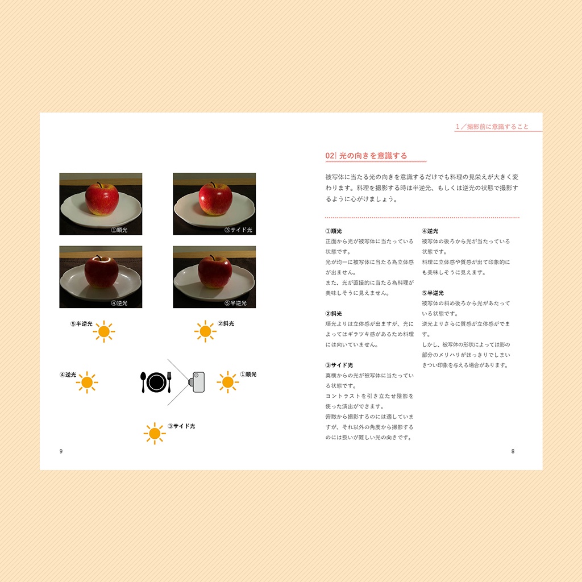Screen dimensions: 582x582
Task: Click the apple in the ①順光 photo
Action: (102, 199)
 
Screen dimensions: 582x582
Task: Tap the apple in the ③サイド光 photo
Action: (215, 199)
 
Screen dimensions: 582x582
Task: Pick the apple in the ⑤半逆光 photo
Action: (215, 272)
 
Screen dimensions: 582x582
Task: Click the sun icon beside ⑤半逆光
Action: (104, 331)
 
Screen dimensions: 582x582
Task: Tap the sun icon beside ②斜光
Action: (205, 331)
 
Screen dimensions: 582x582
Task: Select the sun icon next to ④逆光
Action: (87, 383)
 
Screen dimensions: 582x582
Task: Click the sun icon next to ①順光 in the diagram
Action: (227, 383)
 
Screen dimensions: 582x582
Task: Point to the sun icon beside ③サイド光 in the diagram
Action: (154, 434)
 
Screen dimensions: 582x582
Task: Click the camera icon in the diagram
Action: (197, 382)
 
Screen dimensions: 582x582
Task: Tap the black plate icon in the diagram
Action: (156, 382)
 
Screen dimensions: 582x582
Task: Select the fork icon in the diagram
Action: (169, 381)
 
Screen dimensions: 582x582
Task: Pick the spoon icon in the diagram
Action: (143, 382)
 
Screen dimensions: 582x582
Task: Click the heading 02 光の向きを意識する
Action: (366, 156)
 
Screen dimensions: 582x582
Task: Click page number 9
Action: (61, 451)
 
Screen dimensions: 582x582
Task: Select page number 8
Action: (513, 451)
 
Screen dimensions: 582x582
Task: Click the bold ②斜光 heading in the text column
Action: (334, 314)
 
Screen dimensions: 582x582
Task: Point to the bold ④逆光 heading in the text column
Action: (430, 231)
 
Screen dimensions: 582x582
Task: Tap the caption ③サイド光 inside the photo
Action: (238, 230)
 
